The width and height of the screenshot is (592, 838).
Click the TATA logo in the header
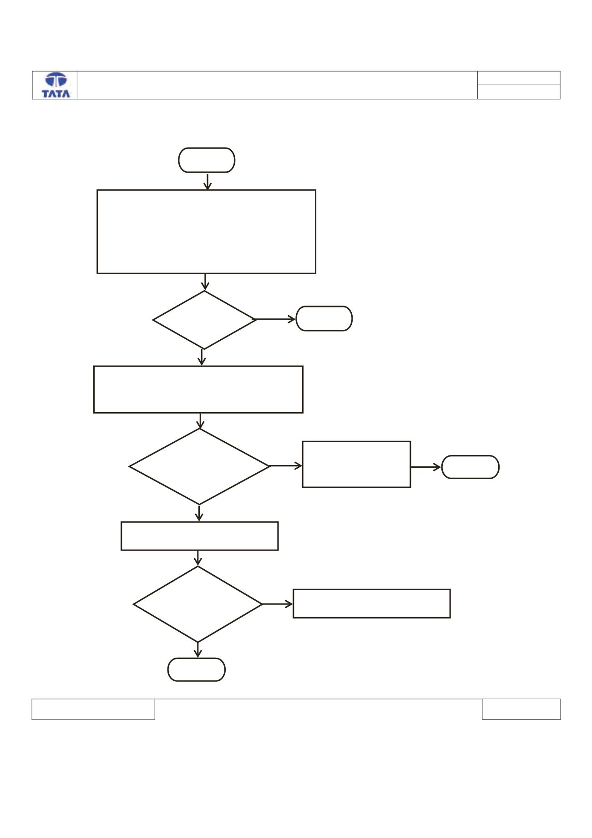(x=56, y=85)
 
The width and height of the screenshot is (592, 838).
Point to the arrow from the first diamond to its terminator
(x=276, y=319)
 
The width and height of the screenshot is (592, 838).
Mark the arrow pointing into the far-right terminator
(x=426, y=467)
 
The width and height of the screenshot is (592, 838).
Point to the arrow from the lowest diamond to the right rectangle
(x=278, y=604)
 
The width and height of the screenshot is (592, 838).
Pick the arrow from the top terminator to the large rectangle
(x=207, y=181)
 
